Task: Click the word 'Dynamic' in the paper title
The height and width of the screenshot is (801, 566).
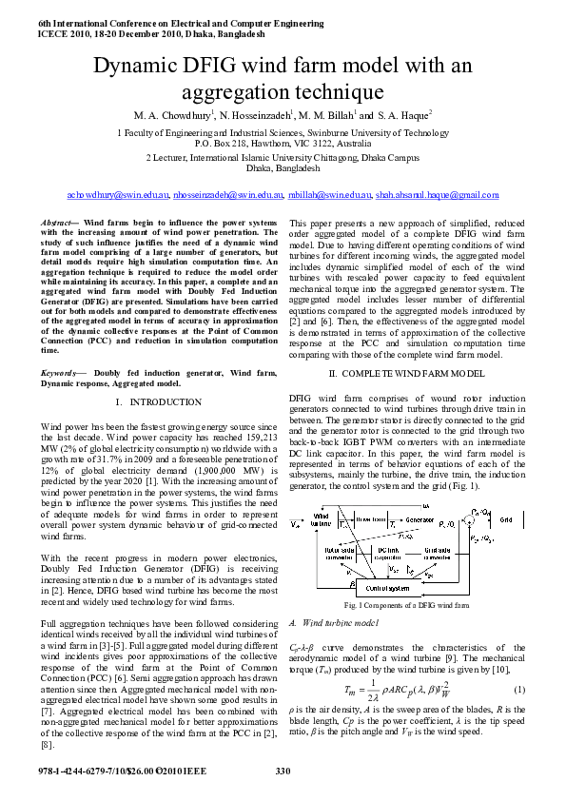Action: pyautogui.click(x=136, y=66)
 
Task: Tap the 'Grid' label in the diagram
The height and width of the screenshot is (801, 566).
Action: pyautogui.click(x=506, y=520)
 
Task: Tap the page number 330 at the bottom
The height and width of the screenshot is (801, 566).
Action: pyautogui.click(x=283, y=770)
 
